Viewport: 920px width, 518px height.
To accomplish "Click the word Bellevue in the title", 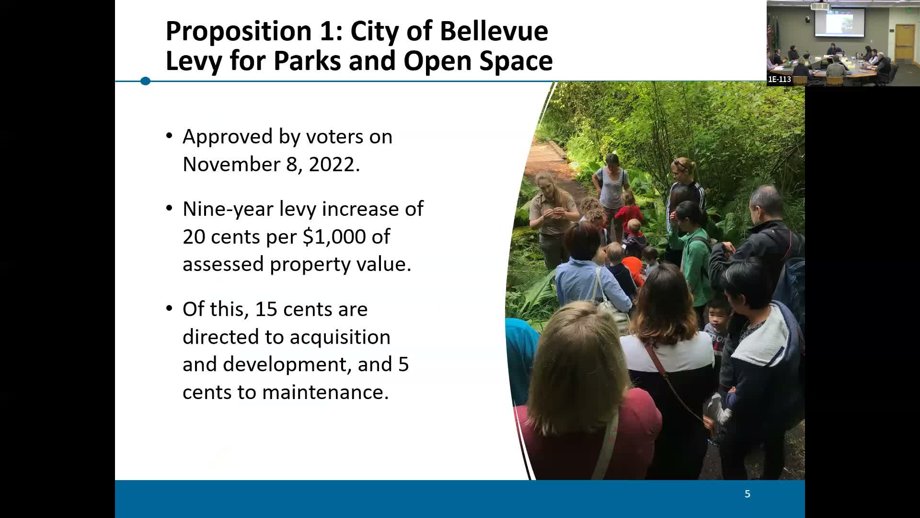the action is (x=494, y=31).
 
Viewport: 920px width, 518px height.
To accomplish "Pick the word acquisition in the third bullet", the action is (x=340, y=337).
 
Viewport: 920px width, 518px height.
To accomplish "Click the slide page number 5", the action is (x=747, y=494).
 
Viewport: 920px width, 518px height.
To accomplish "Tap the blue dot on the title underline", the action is (x=146, y=81).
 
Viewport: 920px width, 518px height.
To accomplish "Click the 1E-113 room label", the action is (x=780, y=79).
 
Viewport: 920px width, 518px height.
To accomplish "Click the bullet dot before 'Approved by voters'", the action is (x=169, y=136).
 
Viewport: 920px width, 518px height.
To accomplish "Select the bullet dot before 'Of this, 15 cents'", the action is (x=169, y=309).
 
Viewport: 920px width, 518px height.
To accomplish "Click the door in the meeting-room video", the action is (x=905, y=43).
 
